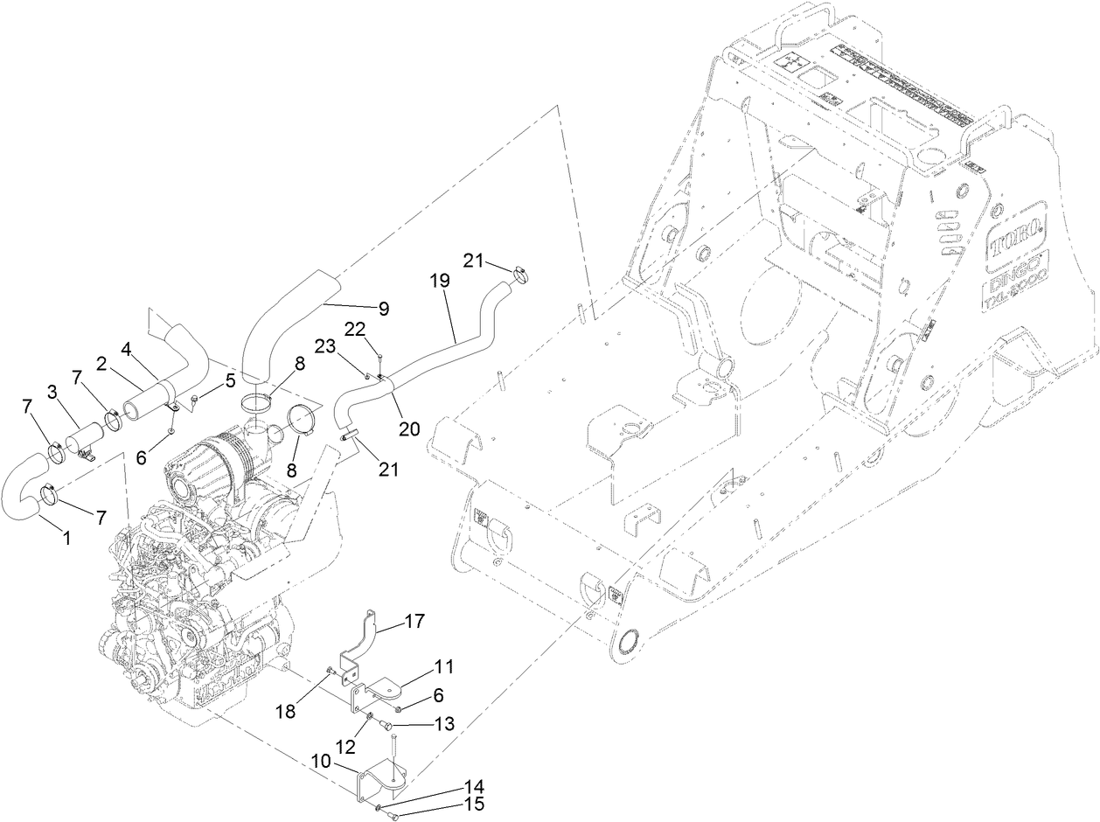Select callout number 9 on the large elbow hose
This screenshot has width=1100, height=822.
point(383,308)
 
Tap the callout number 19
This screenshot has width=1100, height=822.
point(439,281)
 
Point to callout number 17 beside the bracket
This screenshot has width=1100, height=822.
point(414,622)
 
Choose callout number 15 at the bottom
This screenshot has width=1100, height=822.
point(475,804)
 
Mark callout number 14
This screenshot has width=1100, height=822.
point(475,786)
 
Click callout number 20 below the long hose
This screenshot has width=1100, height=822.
point(409,428)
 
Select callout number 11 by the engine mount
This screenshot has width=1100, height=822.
point(445,667)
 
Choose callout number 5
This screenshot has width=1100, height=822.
point(231,380)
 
